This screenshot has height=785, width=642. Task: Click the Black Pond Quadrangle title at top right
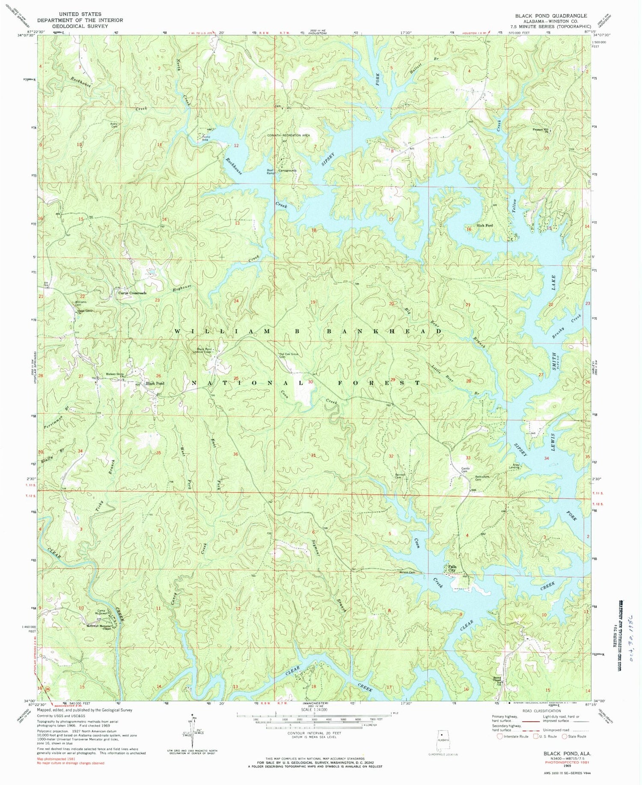coord(551,15)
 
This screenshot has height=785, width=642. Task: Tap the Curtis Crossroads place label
coord(132,293)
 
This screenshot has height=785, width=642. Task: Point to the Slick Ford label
coord(484,225)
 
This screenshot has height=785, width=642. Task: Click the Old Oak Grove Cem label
coord(289,355)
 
